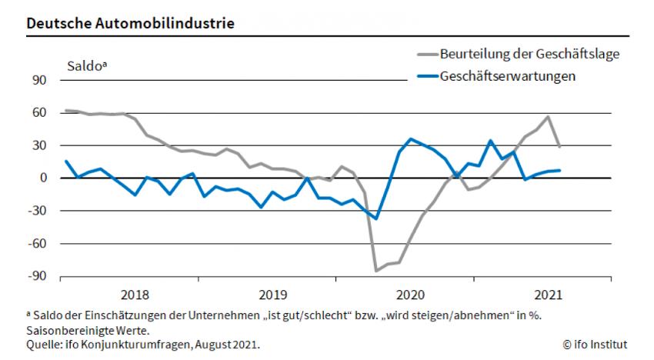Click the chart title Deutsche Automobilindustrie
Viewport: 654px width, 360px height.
tap(130, 23)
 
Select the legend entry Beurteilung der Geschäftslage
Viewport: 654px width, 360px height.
tap(529, 54)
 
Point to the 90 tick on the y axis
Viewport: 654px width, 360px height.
tap(39, 80)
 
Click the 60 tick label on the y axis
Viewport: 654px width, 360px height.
tap(39, 113)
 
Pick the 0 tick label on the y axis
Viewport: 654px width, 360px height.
tap(43, 178)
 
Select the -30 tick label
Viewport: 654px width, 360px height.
tap(37, 211)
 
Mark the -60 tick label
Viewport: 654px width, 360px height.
tap(37, 243)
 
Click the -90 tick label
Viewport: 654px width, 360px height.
tap(37, 275)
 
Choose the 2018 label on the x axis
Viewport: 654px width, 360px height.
tap(135, 294)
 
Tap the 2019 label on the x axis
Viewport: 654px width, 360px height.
tap(272, 294)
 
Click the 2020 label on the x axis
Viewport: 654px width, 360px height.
tap(409, 294)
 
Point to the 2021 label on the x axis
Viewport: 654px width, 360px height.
tap(547, 294)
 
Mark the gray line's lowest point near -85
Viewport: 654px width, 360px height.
tap(376, 271)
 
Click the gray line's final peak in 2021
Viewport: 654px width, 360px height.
tap(548, 117)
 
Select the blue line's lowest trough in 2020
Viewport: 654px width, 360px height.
tap(376, 218)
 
